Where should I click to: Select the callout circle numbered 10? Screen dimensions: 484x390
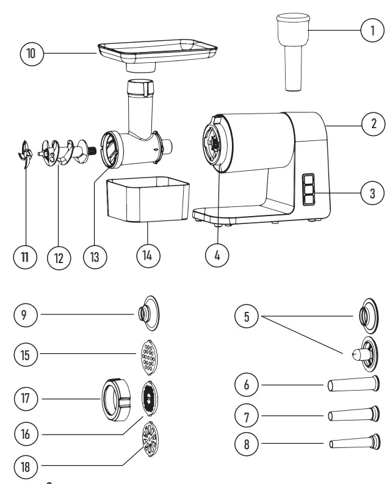[x=31, y=54]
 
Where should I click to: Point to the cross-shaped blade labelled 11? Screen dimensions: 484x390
[x=24, y=155]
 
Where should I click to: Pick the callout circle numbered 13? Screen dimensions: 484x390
[x=94, y=256]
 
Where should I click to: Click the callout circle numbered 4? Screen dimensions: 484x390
[x=217, y=256]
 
